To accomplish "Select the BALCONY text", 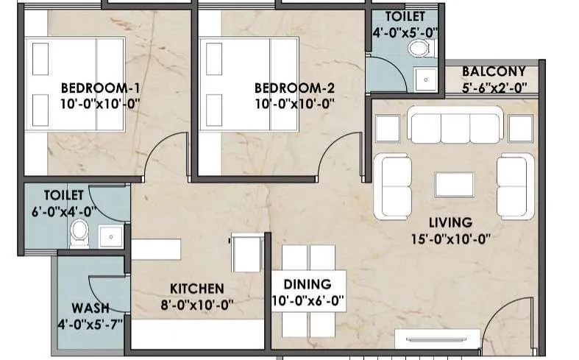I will pyautogui.click(x=494, y=71).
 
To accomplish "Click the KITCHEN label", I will pyautogui.click(x=196, y=288).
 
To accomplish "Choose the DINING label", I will pyautogui.click(x=308, y=283).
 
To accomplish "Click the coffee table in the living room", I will pyautogui.click(x=454, y=183).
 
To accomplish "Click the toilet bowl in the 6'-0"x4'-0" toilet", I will pyautogui.click(x=79, y=235).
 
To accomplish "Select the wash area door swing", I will pyautogui.click(x=102, y=286).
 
